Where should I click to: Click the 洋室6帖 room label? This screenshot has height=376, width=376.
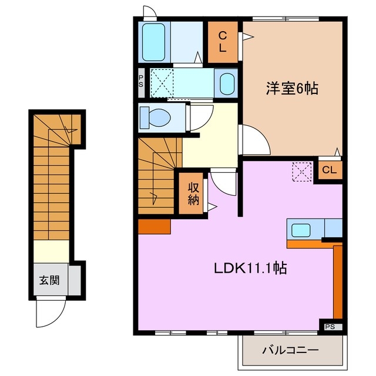click(291, 89)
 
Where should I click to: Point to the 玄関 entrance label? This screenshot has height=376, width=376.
click(49, 281)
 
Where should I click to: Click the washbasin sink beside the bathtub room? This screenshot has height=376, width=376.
click(226, 84)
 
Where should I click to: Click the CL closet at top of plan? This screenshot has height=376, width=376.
click(223, 41)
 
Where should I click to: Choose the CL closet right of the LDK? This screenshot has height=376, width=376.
click(329, 170)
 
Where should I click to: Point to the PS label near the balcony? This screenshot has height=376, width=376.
click(329, 325)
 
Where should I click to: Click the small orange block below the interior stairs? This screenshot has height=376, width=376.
click(155, 226)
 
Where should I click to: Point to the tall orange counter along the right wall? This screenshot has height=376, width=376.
click(337, 282)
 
